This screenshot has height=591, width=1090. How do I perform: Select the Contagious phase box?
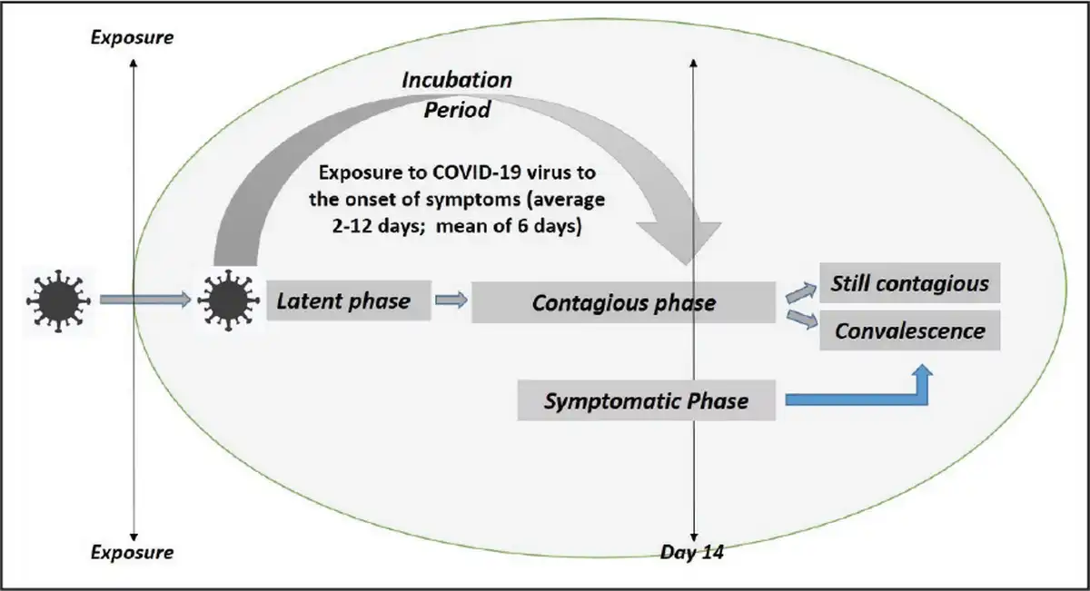click(623, 302)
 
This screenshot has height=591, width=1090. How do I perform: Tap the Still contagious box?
click(909, 283)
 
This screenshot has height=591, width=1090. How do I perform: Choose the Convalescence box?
click(909, 330)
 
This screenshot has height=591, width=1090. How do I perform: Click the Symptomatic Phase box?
click(646, 400)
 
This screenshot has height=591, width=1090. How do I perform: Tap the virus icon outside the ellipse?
click(57, 299)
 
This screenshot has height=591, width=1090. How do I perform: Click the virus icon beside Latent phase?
click(227, 300)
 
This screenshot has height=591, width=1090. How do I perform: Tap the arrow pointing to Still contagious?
click(798, 290)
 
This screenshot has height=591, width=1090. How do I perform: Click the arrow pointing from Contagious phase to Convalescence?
click(798, 319)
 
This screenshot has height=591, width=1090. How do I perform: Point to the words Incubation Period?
click(457, 94)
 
